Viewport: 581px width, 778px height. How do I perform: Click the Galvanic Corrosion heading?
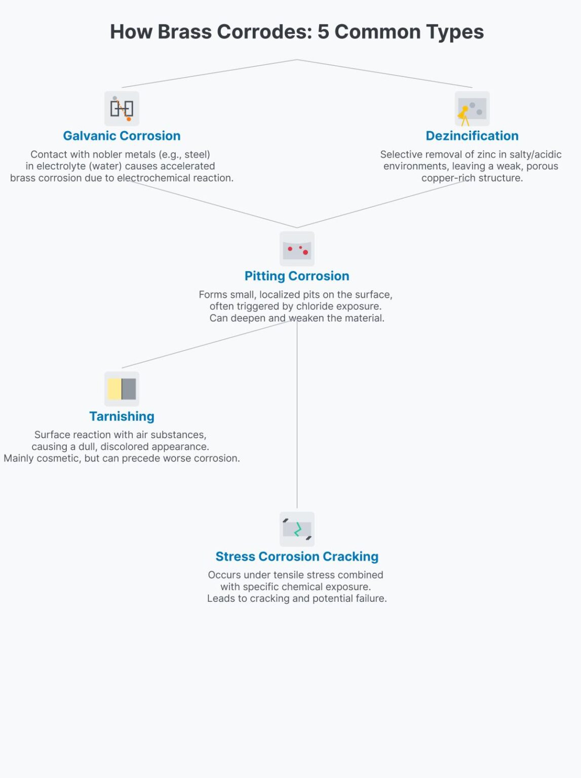122,136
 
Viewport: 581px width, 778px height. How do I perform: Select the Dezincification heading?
472,136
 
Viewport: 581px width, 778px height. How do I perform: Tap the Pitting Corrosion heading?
297,276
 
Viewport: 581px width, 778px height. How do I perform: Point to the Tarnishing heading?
122,416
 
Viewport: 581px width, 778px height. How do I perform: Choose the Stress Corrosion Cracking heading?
297,557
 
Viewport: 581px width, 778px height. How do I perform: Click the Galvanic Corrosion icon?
122,108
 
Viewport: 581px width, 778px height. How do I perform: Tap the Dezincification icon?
472,108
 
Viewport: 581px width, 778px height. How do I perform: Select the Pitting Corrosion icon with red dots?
297,249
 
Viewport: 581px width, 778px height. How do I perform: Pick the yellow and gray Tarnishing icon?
122,389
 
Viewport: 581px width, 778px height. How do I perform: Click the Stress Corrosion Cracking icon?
297,529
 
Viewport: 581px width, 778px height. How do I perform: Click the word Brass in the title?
184,31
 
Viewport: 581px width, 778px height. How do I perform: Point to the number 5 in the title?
323,31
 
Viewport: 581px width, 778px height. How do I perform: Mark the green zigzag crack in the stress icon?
298,529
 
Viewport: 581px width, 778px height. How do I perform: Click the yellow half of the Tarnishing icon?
114,389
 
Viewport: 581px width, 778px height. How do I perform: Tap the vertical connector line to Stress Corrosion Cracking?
297,414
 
